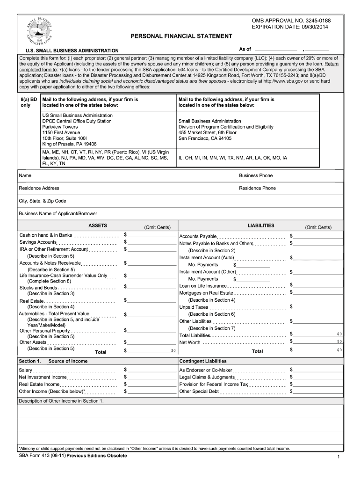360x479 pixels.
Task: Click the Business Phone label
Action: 256,176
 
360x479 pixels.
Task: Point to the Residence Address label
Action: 39,188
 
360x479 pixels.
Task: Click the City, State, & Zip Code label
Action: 42,201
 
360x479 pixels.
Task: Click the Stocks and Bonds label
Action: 38,288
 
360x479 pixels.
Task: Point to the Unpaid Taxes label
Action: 194,307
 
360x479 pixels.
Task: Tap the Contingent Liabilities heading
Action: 203,361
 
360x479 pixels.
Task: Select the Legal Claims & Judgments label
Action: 207,377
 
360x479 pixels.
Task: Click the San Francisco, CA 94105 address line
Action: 205,138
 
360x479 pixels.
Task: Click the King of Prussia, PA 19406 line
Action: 69,144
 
